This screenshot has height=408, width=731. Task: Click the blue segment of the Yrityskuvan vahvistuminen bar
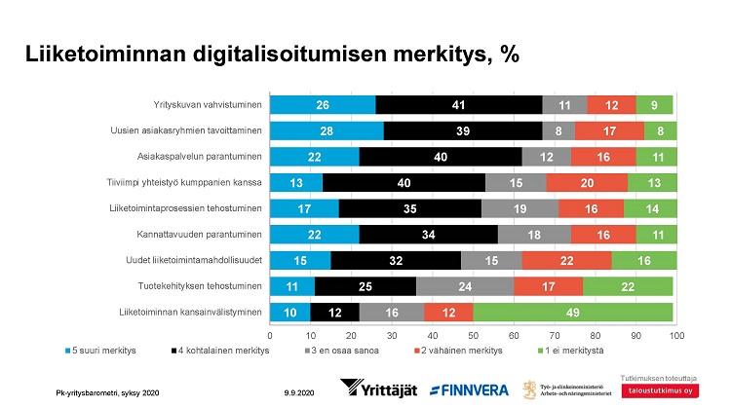click(323, 104)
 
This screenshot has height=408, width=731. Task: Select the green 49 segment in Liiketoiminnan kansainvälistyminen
click(573, 312)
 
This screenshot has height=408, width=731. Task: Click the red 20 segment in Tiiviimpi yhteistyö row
click(587, 182)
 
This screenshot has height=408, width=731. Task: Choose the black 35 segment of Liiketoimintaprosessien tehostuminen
click(410, 207)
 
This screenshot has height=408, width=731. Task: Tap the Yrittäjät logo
click(378, 389)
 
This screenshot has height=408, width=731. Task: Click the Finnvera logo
click(469, 389)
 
